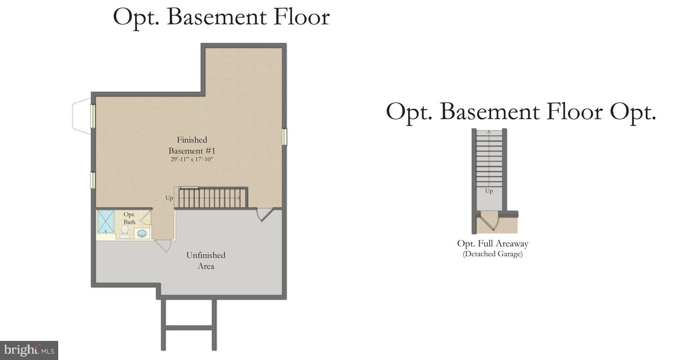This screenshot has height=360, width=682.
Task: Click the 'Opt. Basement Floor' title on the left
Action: tap(221, 17)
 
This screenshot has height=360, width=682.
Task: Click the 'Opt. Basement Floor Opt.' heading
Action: tap(521, 111)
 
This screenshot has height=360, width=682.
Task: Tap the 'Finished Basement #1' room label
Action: tap(191, 145)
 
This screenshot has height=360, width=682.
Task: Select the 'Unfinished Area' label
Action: tap(206, 260)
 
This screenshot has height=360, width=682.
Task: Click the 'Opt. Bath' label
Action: tap(130, 218)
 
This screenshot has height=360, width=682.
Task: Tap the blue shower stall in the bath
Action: tap(106, 222)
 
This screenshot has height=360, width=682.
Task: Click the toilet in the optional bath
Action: tap(125, 231)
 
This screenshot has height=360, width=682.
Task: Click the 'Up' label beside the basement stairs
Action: tap(169, 198)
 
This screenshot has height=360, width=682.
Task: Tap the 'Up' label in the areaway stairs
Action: tap(489, 191)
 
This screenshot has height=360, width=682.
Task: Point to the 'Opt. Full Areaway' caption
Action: tap(492, 244)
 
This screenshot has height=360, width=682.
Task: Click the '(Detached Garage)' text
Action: tap(492, 254)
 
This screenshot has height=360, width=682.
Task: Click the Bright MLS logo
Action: tap(29, 350)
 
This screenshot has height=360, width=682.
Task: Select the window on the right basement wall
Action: tap(284, 137)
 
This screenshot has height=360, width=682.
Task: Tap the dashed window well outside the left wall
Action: tap(81, 116)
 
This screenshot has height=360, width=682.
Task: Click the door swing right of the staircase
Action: tap(264, 214)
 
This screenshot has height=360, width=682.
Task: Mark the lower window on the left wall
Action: tap(92, 180)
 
